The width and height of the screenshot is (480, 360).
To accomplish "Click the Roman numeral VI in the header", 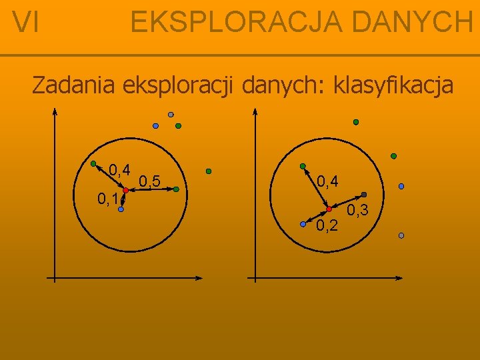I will point(26,23).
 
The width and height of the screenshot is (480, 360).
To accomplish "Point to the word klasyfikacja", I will point(393,87).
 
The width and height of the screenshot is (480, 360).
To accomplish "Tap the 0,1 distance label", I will point(107,198).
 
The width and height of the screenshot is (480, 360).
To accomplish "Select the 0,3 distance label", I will point(358,211).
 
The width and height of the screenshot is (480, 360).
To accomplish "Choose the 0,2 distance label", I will point(327,226).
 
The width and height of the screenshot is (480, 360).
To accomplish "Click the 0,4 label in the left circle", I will point(119,169).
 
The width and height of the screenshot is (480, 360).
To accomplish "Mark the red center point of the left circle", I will point(125,191).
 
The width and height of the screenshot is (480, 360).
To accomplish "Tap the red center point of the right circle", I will point(329,209).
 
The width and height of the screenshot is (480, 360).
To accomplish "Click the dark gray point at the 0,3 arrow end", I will point(363,194).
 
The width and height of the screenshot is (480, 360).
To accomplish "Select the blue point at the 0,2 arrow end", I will point(303,223).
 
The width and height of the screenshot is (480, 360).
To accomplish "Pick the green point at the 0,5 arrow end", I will point(176,189).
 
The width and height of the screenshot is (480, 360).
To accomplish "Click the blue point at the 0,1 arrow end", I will point(121,209).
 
